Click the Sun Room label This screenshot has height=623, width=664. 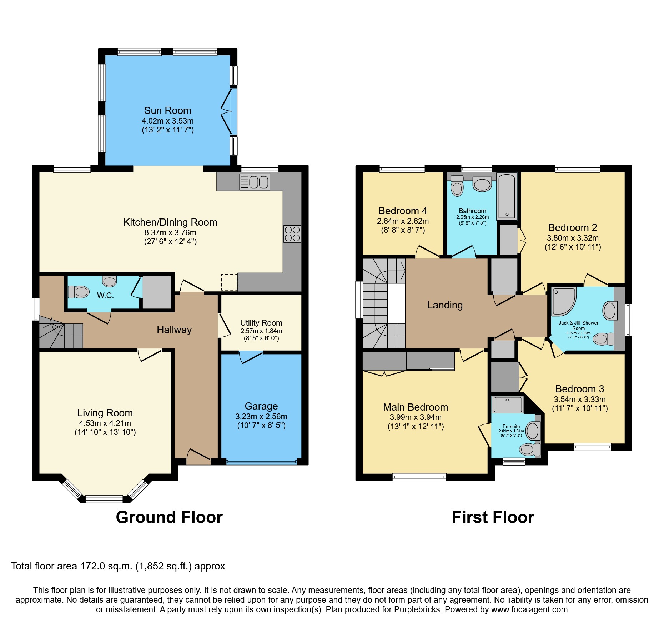tap(167, 111)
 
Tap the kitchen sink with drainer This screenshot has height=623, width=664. tap(255, 182)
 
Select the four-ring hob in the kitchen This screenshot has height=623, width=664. tap(292, 234)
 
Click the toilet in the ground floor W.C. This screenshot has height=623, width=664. tap(79, 292)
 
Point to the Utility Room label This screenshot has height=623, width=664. tap(261, 323)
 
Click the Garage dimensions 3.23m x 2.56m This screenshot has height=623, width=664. tap(261, 416)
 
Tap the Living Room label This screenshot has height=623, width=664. tap(105, 413)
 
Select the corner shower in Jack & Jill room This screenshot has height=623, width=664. tap(563, 302)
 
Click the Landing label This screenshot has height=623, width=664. tap(445, 305)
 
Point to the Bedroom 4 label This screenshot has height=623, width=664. tap(402, 211)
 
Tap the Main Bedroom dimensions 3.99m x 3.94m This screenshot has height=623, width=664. tap(416, 417)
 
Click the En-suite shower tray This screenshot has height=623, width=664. tap(507, 405)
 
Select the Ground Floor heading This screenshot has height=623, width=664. tap(169, 517)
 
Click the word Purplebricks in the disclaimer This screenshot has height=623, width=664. tap(417, 609)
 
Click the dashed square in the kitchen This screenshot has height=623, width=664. tap(229, 282)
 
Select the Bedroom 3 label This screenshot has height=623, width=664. tap(579, 389)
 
